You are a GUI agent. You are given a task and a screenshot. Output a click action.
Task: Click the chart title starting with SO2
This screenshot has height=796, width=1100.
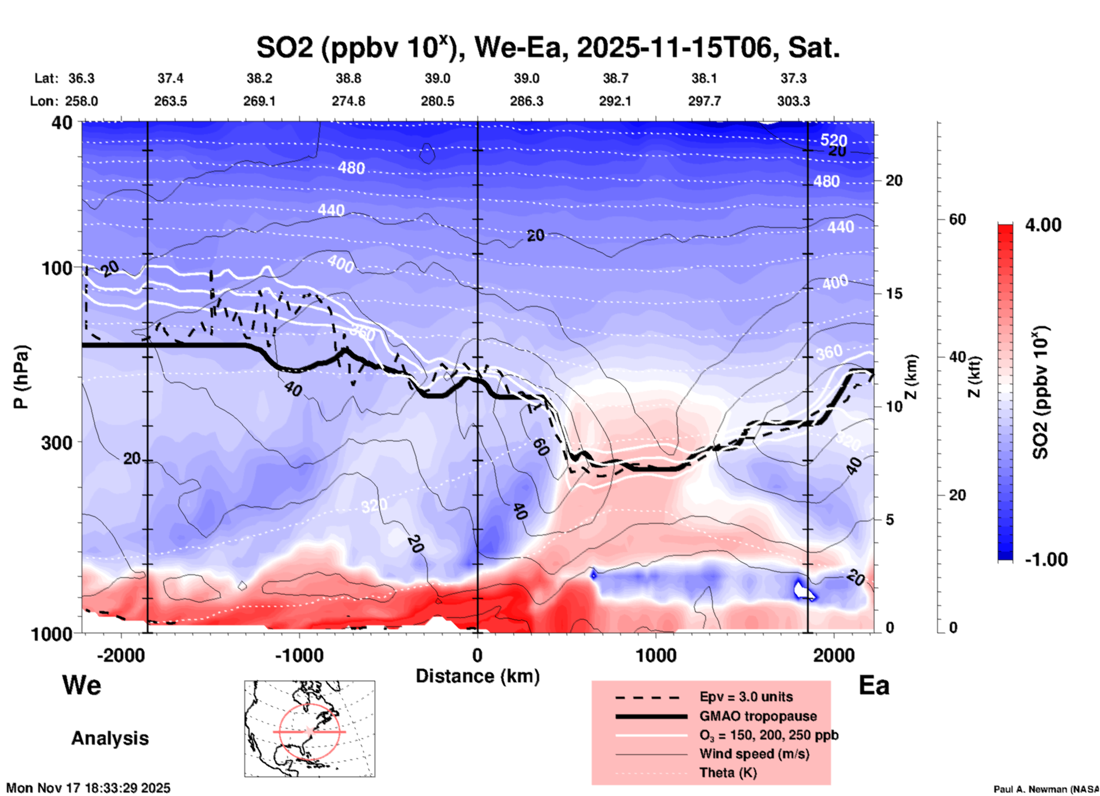click(547, 47)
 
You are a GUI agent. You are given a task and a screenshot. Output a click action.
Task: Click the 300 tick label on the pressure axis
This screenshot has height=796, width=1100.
click(57, 443)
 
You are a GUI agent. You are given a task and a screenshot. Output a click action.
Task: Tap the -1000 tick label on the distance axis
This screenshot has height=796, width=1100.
click(299, 655)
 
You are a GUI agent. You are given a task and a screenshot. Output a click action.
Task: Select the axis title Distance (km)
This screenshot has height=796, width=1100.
click(477, 676)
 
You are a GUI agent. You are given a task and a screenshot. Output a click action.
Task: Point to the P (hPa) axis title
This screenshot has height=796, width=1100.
click(21, 377)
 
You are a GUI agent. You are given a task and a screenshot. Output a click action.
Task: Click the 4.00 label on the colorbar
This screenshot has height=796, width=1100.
click(1043, 225)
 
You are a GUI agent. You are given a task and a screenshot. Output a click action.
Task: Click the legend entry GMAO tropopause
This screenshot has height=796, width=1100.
click(758, 716)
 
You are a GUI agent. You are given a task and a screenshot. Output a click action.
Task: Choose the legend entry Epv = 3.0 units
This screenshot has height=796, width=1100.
click(746, 697)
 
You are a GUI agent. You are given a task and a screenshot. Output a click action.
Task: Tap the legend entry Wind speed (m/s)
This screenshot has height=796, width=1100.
click(754, 754)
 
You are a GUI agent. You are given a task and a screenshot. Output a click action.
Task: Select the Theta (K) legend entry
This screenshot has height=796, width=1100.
click(728, 773)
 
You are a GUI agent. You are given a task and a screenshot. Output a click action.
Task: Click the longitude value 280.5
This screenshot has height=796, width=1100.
click(437, 101)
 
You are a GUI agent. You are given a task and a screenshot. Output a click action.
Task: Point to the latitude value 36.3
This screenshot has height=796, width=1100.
click(82, 78)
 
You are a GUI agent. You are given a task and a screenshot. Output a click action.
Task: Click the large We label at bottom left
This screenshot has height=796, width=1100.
click(82, 685)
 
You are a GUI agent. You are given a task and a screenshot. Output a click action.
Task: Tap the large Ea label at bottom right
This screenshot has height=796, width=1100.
click(874, 685)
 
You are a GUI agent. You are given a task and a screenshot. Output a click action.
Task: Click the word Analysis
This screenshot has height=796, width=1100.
click(110, 738)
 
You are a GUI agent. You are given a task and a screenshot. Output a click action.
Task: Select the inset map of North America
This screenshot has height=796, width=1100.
click(310, 729)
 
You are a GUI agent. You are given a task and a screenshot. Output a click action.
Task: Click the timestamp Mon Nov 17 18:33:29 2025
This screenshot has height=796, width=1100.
click(89, 788)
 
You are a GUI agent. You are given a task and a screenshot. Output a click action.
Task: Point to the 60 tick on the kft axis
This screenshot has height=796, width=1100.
click(958, 219)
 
